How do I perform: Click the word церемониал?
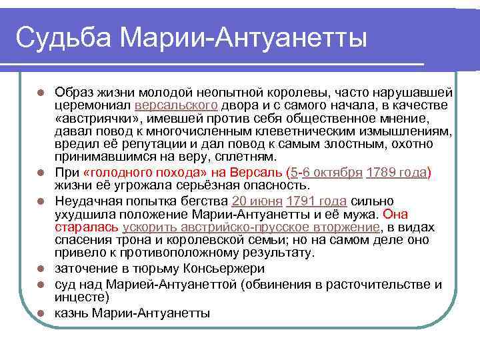pyautogui.click(x=93, y=105)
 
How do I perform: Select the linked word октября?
pyautogui.click(x=339, y=172)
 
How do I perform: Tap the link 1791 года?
pyautogui.click(x=315, y=201)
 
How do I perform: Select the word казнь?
pyautogui.click(x=73, y=313)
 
